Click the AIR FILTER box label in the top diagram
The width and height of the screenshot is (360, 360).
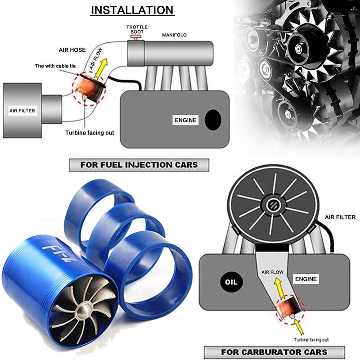tap(22, 110)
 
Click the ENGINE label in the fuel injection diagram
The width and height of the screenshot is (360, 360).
tap(186, 120)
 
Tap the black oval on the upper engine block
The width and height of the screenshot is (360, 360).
tap(212, 119)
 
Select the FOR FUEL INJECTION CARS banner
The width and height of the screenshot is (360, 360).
tap(139, 165)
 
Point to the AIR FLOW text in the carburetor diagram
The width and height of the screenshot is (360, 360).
tap(272, 272)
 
